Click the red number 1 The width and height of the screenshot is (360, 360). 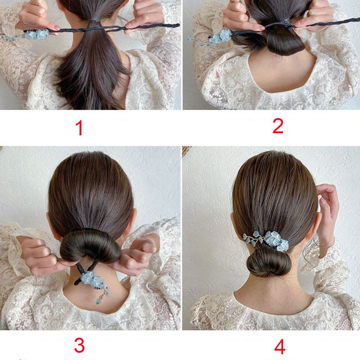[x=79, y=128]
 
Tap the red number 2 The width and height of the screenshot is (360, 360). [x=278, y=126]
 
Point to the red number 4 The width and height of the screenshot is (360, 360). [x=280, y=347]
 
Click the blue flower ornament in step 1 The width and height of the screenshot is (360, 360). [x=25, y=35]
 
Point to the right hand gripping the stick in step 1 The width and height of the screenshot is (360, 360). [x=145, y=16]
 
